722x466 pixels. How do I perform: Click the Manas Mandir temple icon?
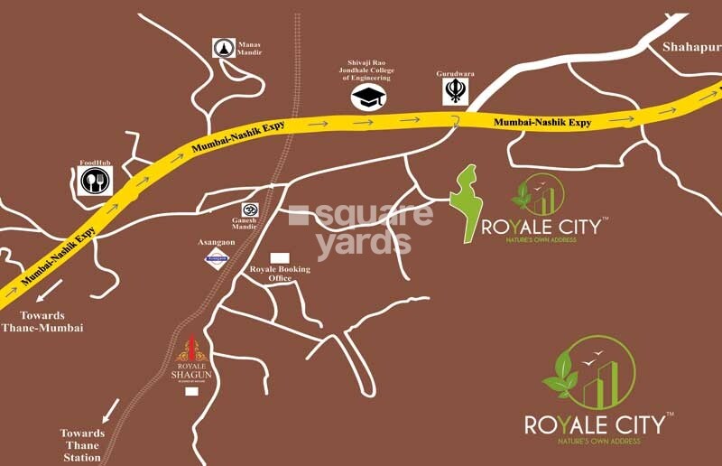(x=223, y=48)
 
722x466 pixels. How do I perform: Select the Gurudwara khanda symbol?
(x=456, y=90)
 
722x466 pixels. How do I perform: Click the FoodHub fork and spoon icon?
(x=94, y=182)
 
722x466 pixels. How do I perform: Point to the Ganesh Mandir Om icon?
(x=248, y=208)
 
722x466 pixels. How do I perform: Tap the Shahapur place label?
(x=692, y=48)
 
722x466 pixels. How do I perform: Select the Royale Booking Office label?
(x=280, y=274)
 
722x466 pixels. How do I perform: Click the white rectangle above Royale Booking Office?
(x=281, y=257)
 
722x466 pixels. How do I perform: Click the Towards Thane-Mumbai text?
(x=43, y=322)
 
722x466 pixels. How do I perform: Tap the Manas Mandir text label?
(x=249, y=46)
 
